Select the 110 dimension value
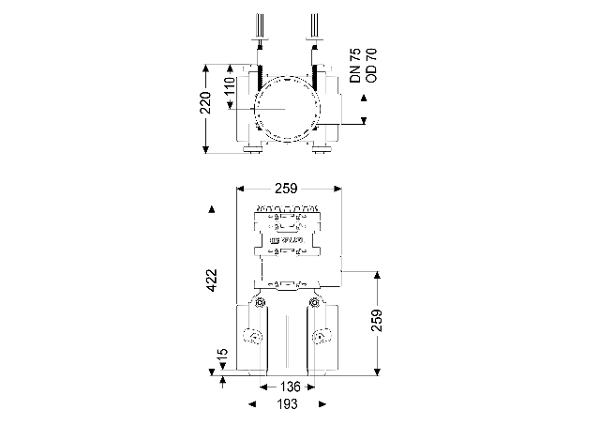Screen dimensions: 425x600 [x=231, y=91]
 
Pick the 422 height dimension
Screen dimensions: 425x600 [x=213, y=281]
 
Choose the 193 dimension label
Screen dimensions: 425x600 [x=287, y=404]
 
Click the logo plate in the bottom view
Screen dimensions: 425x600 [x=287, y=242]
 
